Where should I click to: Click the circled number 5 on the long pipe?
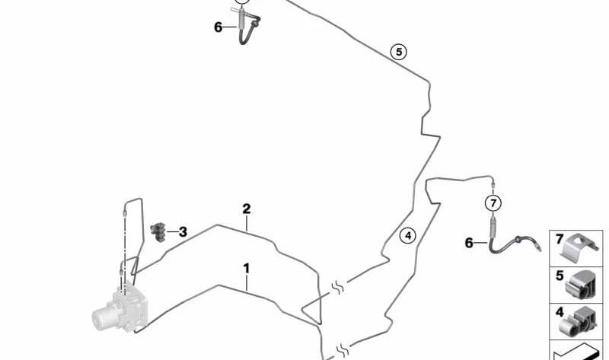click(x=399, y=52)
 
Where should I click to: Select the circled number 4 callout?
click(x=408, y=235)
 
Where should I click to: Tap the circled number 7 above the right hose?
click(x=493, y=203)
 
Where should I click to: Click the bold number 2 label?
click(x=246, y=209)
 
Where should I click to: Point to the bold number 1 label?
click(x=246, y=269)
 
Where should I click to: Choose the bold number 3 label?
click(x=183, y=232)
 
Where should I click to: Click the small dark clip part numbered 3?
click(x=158, y=232)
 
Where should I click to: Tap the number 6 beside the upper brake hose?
click(x=218, y=27)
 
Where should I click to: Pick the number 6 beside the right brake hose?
click(x=469, y=243)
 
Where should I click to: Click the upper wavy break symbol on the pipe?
click(x=337, y=288)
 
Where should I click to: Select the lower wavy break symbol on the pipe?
click(x=342, y=349)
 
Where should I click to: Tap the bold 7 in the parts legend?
click(x=559, y=239)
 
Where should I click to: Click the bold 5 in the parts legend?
click(x=560, y=276)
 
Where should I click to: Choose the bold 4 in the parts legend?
click(x=560, y=312)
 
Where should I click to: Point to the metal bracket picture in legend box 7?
click(x=579, y=248)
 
